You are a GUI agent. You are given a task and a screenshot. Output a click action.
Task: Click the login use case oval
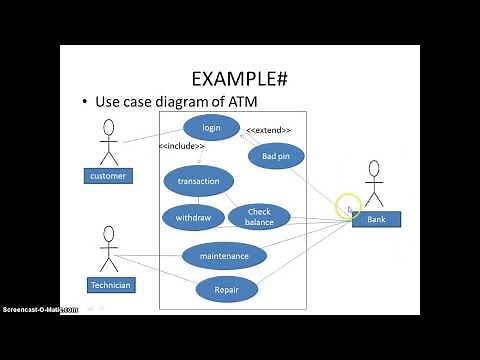(x=211, y=127)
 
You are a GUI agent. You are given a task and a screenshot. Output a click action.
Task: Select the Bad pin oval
(x=276, y=156)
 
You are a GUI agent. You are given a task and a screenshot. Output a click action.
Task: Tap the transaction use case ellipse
(x=198, y=181)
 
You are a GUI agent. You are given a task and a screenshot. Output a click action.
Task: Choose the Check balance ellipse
(x=259, y=217)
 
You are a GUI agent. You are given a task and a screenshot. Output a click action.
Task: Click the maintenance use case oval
(x=224, y=255)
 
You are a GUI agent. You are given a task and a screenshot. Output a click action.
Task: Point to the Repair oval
(x=225, y=290)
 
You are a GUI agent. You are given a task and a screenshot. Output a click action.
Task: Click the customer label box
(x=108, y=176)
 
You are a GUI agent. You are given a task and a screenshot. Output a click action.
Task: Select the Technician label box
(x=110, y=285)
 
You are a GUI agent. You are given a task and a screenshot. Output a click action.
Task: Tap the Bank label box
(x=376, y=219)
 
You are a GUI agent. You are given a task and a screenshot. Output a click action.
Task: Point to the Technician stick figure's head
(x=108, y=233)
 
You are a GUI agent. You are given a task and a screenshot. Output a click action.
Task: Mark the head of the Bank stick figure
(x=375, y=168)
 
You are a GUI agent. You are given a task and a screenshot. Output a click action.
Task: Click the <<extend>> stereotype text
(x=268, y=130)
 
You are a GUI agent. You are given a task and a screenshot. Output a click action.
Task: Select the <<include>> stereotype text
(x=181, y=147)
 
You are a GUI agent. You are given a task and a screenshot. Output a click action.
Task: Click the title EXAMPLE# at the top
(x=239, y=78)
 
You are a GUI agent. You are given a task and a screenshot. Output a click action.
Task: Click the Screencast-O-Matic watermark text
(x=40, y=309)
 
